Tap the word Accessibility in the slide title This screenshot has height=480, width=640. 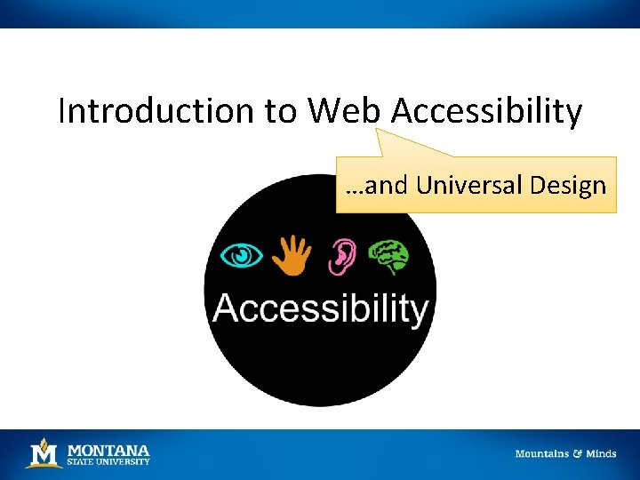click(x=487, y=112)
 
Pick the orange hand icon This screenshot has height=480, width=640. click(x=290, y=255)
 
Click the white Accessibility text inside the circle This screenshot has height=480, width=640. click(x=320, y=308)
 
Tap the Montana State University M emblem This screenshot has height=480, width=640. click(x=44, y=453)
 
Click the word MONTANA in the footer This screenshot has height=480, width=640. click(x=108, y=450)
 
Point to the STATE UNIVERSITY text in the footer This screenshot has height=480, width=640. click(x=108, y=461)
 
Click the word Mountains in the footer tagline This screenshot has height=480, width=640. click(x=542, y=453)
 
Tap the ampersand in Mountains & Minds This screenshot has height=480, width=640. click(x=578, y=453)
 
